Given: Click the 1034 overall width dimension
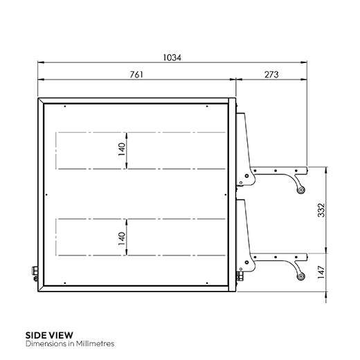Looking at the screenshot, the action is pyautogui.click(x=172, y=57).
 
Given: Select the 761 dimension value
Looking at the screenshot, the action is pyautogui.click(x=136, y=75).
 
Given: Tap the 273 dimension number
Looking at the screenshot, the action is pyautogui.click(x=271, y=75).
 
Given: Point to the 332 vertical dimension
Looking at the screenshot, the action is pyautogui.click(x=321, y=210).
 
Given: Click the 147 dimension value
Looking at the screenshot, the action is pyautogui.click(x=321, y=272).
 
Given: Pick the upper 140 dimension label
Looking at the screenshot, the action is pyautogui.click(x=122, y=150).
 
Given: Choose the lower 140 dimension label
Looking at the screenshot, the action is pyautogui.click(x=122, y=238).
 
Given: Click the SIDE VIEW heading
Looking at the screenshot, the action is pyautogui.click(x=49, y=335).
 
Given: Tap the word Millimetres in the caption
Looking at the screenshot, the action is pyautogui.click(x=95, y=343).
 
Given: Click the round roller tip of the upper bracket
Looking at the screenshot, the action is pyautogui.click(x=300, y=190).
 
